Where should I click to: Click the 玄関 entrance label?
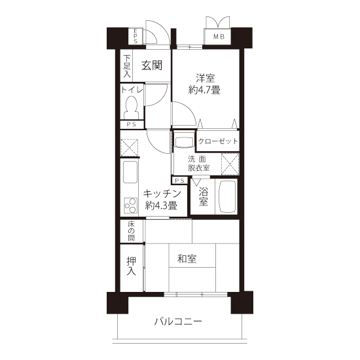(x=152, y=65)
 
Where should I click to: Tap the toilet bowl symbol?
(x=131, y=108)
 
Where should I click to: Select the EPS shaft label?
(x=135, y=36)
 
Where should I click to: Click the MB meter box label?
(x=219, y=36)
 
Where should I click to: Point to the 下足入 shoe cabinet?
(x=127, y=65)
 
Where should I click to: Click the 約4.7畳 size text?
(x=204, y=90)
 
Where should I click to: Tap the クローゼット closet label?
(x=218, y=141)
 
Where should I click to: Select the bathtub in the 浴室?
(x=228, y=196)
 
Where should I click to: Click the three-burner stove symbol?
(x=131, y=206)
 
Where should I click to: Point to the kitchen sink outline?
(x=130, y=172)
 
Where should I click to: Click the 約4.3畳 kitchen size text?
(x=161, y=206)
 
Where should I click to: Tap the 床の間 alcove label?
(x=131, y=231)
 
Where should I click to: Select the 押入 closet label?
(x=131, y=266)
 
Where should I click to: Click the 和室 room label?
(x=187, y=259)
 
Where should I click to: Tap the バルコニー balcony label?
(x=178, y=321)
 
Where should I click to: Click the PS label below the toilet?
(x=132, y=124)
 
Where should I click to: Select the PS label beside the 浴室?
(x=180, y=181)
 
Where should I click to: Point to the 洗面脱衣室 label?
(x=199, y=164)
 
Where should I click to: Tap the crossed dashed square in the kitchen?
(x=129, y=147)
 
